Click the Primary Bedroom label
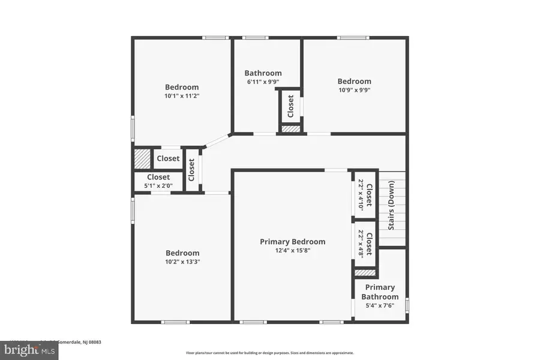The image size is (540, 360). click(292, 242)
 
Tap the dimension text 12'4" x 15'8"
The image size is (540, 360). click(292, 251)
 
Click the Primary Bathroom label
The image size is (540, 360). click(380, 292)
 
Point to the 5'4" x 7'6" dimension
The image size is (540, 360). click(380, 305)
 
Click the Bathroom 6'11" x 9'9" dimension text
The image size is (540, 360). click(263, 82)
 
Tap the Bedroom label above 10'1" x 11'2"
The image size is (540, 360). click(182, 87)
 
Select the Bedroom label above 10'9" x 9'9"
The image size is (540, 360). click(354, 82)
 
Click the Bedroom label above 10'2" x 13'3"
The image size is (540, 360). click(182, 253)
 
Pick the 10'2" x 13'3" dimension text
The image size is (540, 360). click(182, 262)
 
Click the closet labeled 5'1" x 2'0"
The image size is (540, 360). click(158, 181)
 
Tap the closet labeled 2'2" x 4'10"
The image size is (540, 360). click(365, 194)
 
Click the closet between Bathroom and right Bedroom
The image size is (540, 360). click(290, 106)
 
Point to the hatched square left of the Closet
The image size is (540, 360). click(142, 159)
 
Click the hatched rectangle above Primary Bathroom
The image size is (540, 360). click(365, 272)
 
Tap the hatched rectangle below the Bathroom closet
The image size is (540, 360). click(290, 128)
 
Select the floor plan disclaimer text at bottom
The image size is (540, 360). click(269, 353)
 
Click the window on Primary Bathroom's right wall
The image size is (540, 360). click(407, 305)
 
